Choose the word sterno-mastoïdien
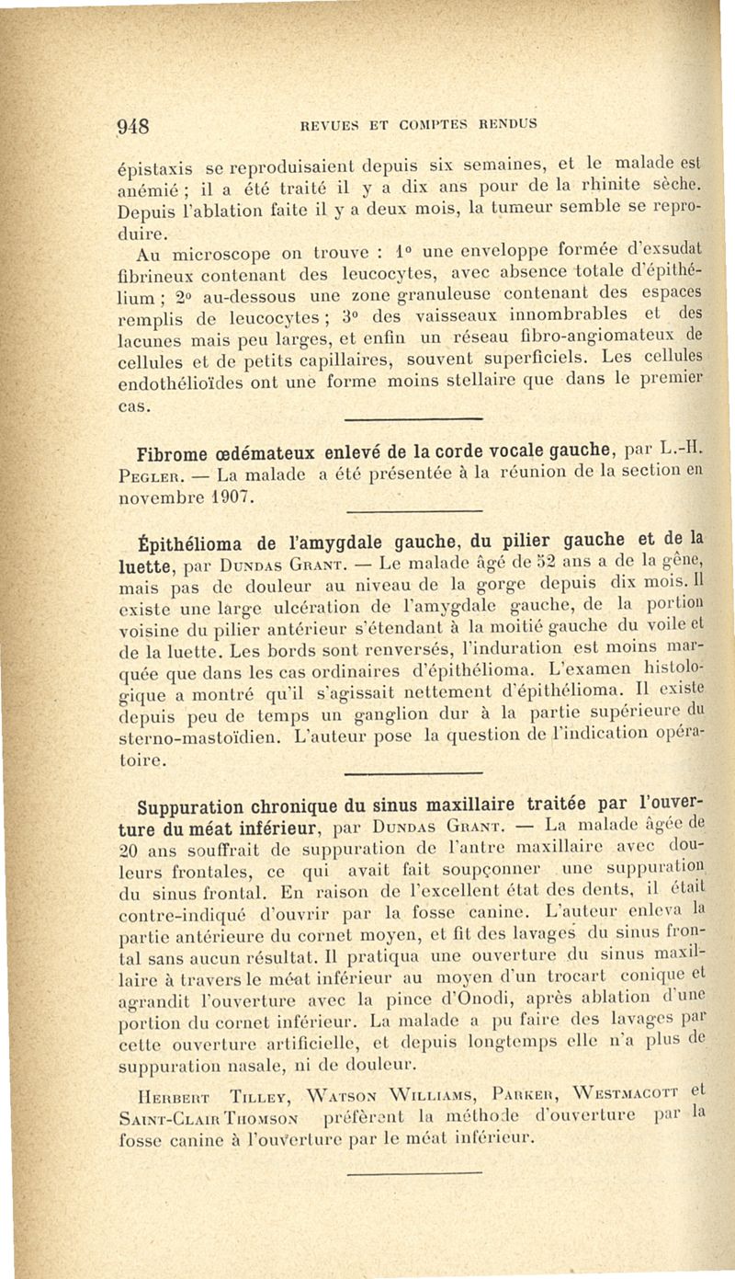[x=189, y=734]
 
